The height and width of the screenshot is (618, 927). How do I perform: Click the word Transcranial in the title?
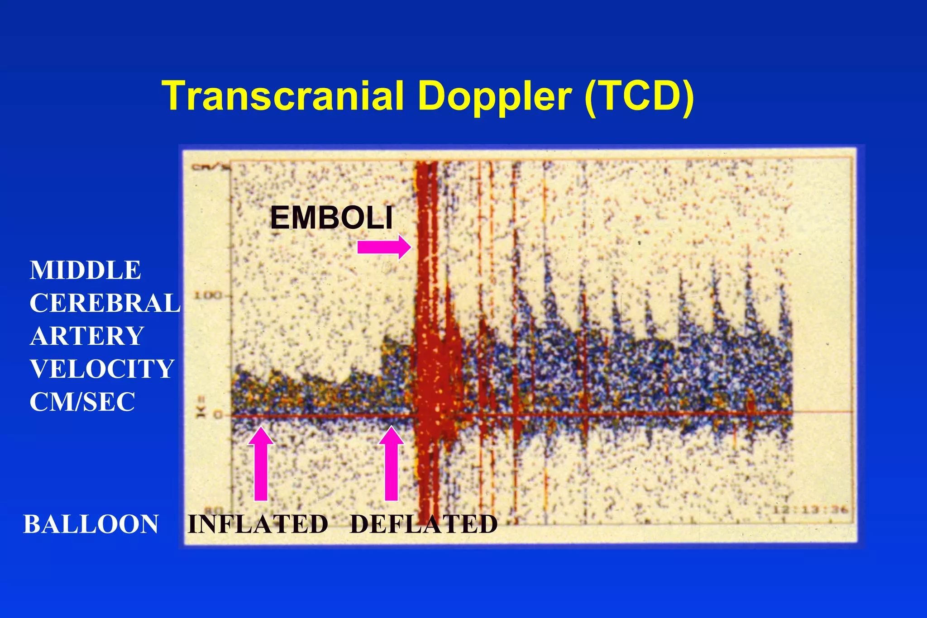(x=283, y=96)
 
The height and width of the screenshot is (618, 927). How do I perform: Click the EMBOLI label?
(x=331, y=218)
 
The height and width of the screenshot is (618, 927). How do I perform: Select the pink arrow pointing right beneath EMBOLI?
(x=384, y=247)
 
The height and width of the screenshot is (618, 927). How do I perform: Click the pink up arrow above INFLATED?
(x=261, y=464)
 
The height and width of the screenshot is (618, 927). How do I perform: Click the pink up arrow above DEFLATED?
(x=391, y=464)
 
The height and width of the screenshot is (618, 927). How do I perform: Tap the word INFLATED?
(x=258, y=524)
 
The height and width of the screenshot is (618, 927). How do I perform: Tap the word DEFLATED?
(x=424, y=524)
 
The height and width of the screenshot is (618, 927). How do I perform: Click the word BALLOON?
(x=91, y=524)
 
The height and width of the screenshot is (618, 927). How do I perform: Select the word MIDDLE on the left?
(x=86, y=270)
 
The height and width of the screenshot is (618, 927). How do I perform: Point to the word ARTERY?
(x=87, y=336)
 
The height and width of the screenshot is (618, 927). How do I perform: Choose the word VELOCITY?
(x=102, y=369)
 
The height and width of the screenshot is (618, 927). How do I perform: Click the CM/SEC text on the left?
(x=82, y=402)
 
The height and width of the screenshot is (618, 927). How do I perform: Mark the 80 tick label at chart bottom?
(x=216, y=510)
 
